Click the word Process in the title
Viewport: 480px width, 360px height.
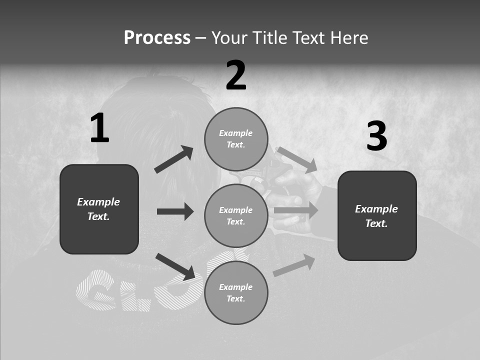[157, 38]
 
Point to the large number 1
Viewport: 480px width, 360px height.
[99, 128]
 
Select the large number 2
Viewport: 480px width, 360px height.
[236, 75]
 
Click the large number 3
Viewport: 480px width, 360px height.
[376, 136]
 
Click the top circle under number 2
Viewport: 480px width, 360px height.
[236, 139]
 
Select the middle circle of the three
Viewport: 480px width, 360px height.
[236, 215]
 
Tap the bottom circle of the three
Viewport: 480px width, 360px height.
[236, 292]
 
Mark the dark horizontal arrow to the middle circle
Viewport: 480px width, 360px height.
[175, 211]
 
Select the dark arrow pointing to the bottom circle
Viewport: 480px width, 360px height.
[175, 266]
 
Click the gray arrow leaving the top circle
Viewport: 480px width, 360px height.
[297, 159]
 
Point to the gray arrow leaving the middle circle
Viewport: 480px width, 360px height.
[296, 210]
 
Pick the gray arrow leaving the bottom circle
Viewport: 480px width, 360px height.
[294, 265]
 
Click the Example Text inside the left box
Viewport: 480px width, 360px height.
[98, 209]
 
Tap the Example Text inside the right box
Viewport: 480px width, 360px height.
[376, 216]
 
